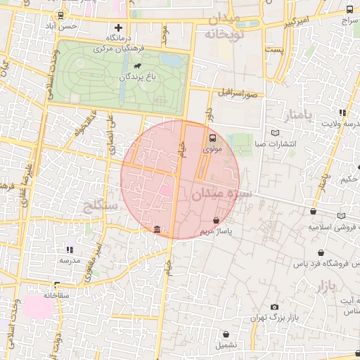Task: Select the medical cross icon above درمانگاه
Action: [x=118, y=27]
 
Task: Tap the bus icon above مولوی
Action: [x=213, y=138]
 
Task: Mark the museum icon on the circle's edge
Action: [x=156, y=230]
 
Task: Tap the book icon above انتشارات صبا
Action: [x=275, y=133]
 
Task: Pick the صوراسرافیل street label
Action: [x=238, y=92]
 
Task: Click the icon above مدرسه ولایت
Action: [x=342, y=112]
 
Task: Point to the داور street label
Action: [x=208, y=114]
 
